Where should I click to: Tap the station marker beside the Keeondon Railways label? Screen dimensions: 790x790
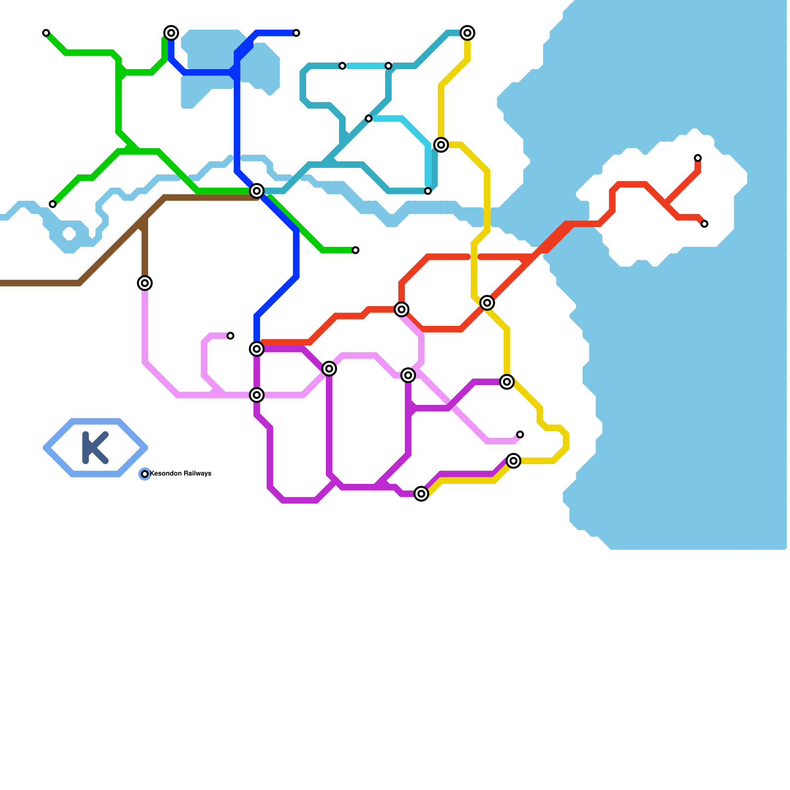tap(145, 474)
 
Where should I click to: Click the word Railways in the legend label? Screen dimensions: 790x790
tap(197, 474)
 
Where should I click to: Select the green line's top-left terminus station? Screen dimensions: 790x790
tap(46, 33)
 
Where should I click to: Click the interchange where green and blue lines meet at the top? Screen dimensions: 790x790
tap(171, 33)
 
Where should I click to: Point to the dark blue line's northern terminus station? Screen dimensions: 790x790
tap(296, 33)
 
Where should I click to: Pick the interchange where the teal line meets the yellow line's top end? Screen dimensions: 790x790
tap(467, 33)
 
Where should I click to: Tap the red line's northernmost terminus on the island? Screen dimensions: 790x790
tap(698, 158)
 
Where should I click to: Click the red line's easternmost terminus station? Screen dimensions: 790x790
tap(704, 224)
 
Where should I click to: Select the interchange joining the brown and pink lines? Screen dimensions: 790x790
tap(145, 283)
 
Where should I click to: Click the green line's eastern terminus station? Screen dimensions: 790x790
tap(355, 250)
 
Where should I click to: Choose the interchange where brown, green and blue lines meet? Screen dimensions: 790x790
tap(256, 191)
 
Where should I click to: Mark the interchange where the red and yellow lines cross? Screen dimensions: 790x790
tap(487, 303)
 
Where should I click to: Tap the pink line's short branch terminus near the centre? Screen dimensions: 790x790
tap(231, 336)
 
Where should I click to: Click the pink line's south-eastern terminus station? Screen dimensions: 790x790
tap(520, 434)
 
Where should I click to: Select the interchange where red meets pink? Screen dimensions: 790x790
tap(402, 310)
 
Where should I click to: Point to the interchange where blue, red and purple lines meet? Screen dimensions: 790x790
tap(256, 349)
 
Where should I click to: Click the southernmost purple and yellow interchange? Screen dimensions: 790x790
tap(421, 493)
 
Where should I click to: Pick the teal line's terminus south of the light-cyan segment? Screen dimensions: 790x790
tap(428, 191)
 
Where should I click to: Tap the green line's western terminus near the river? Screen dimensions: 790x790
tap(52, 204)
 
